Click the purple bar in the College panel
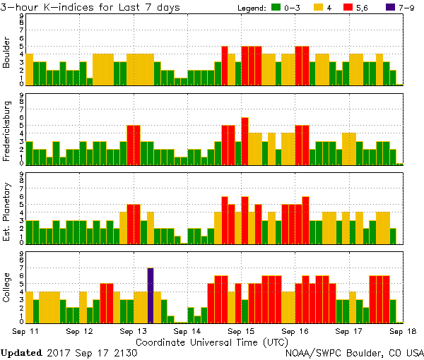click(151, 295)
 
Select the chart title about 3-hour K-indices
click(90, 7)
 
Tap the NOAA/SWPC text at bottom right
click(311, 352)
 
